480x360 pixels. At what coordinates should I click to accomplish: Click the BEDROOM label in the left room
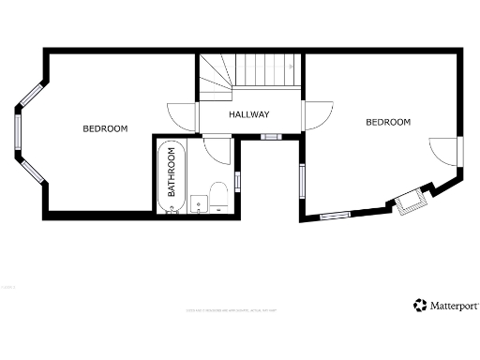105,128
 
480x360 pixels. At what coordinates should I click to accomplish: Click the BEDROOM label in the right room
388,122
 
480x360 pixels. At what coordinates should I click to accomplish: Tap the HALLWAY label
249,114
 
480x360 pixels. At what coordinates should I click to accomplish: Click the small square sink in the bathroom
198,202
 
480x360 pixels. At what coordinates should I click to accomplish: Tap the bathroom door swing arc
217,148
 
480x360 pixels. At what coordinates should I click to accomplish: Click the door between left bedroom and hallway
184,116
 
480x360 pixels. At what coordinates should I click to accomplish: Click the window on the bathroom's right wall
237,181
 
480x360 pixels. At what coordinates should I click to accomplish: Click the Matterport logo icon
419,305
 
